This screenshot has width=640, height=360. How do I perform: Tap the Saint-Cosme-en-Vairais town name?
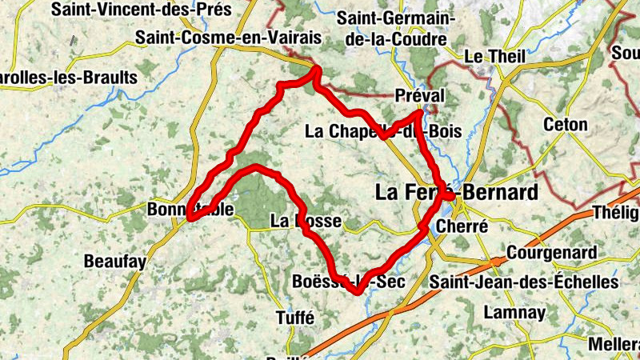228,37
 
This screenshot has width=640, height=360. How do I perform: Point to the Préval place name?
419,96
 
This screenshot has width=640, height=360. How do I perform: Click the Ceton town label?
565,125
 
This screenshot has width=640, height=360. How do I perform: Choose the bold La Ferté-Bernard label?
457,193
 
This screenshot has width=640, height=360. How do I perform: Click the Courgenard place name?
553,254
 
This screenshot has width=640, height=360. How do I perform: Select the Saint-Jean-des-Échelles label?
524,282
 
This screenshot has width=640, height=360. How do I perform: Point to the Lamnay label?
505,312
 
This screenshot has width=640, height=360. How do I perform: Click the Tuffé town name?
294,316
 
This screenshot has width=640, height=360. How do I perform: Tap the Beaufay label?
115,261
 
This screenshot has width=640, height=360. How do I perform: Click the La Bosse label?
306,221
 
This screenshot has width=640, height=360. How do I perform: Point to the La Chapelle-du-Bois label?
384,131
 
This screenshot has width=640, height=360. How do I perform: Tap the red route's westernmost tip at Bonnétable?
190,216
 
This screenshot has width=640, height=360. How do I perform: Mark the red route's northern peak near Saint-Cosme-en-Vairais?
317,70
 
